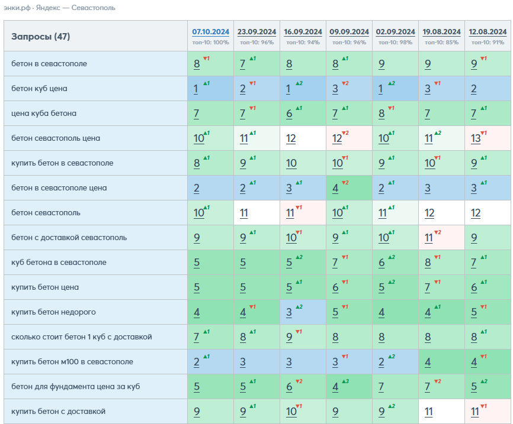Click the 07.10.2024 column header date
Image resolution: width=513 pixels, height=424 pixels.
[x=210, y=32]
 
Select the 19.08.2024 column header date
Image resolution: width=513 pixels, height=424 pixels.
[x=441, y=32]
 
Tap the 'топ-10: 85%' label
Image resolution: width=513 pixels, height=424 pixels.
[x=441, y=43]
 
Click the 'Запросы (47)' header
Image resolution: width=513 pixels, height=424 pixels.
[x=40, y=36]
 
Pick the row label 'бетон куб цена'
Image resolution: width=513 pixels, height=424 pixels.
[x=39, y=89]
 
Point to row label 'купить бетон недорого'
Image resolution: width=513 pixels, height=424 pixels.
[x=54, y=312]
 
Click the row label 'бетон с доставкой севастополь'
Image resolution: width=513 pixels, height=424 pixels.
[x=69, y=238]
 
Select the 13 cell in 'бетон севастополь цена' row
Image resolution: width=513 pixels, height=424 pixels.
[x=488, y=138]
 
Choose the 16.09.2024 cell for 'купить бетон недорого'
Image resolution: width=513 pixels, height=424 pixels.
[x=303, y=312]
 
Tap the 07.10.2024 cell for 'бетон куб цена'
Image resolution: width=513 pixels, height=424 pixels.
[x=210, y=89]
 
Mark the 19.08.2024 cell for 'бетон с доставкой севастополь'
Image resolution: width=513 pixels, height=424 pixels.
[x=441, y=238]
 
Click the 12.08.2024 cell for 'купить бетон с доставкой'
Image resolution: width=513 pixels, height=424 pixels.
[x=488, y=411]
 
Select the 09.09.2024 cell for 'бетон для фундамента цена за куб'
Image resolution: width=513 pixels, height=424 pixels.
[x=349, y=386]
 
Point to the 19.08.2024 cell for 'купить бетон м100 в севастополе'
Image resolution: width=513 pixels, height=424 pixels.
[x=441, y=361]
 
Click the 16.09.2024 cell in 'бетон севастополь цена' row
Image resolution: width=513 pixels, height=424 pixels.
[x=303, y=138]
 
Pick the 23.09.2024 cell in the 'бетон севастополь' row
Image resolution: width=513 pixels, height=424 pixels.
[x=257, y=213]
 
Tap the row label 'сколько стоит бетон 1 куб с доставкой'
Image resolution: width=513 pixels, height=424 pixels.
[x=82, y=337]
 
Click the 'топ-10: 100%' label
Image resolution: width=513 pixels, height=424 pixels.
[x=210, y=43]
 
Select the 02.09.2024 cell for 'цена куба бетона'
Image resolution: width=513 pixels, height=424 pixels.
[x=395, y=114]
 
